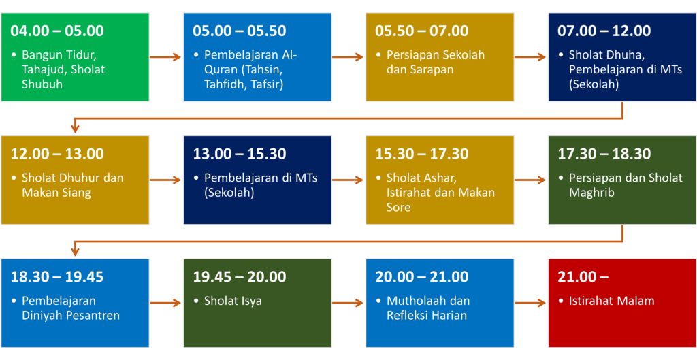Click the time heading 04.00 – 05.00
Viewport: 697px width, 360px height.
coord(57,31)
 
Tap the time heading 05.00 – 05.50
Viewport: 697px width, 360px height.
coord(239,31)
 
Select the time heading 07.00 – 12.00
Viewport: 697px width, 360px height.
coord(604,31)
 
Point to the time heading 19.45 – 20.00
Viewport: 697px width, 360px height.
coord(239,277)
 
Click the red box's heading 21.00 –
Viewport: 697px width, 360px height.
coord(583,277)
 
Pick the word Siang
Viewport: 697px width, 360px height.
coord(76,193)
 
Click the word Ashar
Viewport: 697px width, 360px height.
coord(436,179)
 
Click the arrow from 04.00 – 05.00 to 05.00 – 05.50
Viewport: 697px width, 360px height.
coord(165,57)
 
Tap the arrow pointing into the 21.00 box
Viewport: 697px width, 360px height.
coord(530,303)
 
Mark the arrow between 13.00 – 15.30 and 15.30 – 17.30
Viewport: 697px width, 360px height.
coord(348,180)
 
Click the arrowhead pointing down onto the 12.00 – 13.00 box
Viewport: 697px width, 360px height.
coord(75,129)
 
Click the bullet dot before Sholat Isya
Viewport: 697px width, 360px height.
coord(197,301)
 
